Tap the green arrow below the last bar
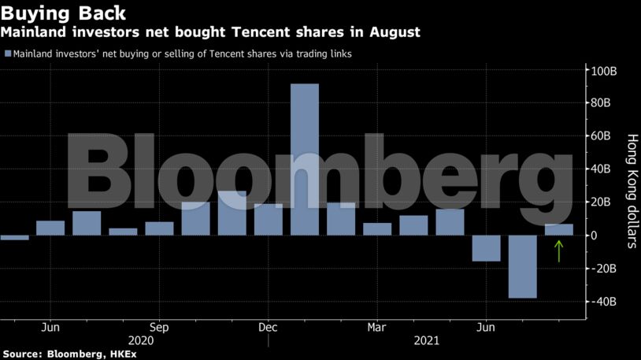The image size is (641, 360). pos(558,251)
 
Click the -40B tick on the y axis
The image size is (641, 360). pos(604,302)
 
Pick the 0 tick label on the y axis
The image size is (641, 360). pos(595,236)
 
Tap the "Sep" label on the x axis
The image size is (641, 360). pos(159,327)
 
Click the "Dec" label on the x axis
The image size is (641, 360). pos(268,327)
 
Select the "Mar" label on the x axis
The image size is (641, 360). pos(377,327)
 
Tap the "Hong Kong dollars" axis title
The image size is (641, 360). pos(631,191)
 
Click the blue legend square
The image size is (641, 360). pos(7,54)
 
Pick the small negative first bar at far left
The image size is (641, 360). pos(14,237)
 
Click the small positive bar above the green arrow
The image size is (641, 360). pos(558,229)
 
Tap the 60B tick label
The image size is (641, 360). pos(604,136)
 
